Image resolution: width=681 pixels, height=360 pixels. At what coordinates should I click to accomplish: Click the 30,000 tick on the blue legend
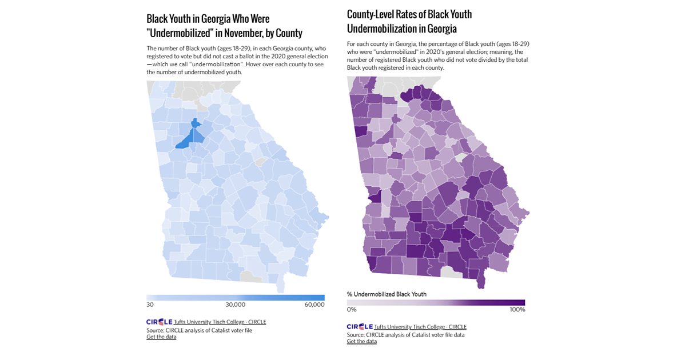pyautogui.click(x=236, y=305)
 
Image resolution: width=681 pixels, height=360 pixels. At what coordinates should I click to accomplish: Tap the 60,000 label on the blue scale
pyautogui.click(x=314, y=305)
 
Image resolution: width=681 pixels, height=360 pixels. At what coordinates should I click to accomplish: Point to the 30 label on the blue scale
pyautogui.click(x=150, y=305)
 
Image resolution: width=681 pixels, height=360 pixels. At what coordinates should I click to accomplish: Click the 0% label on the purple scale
pyautogui.click(x=352, y=309)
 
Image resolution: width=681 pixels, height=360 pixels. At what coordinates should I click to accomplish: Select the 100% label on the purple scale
pyautogui.click(x=517, y=309)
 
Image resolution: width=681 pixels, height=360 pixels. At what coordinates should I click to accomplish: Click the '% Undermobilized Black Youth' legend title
pyautogui.click(x=387, y=294)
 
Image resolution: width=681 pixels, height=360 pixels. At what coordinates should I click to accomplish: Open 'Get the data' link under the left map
pyautogui.click(x=161, y=337)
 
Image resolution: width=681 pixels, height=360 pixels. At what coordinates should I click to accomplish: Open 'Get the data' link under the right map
pyautogui.click(x=361, y=341)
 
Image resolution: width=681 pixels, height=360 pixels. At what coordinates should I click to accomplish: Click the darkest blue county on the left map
pyautogui.click(x=185, y=140)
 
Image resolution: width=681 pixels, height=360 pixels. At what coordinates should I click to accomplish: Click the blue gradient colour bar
pyautogui.click(x=236, y=298)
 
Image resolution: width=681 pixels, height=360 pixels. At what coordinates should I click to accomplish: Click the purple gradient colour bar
pyautogui.click(x=436, y=302)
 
